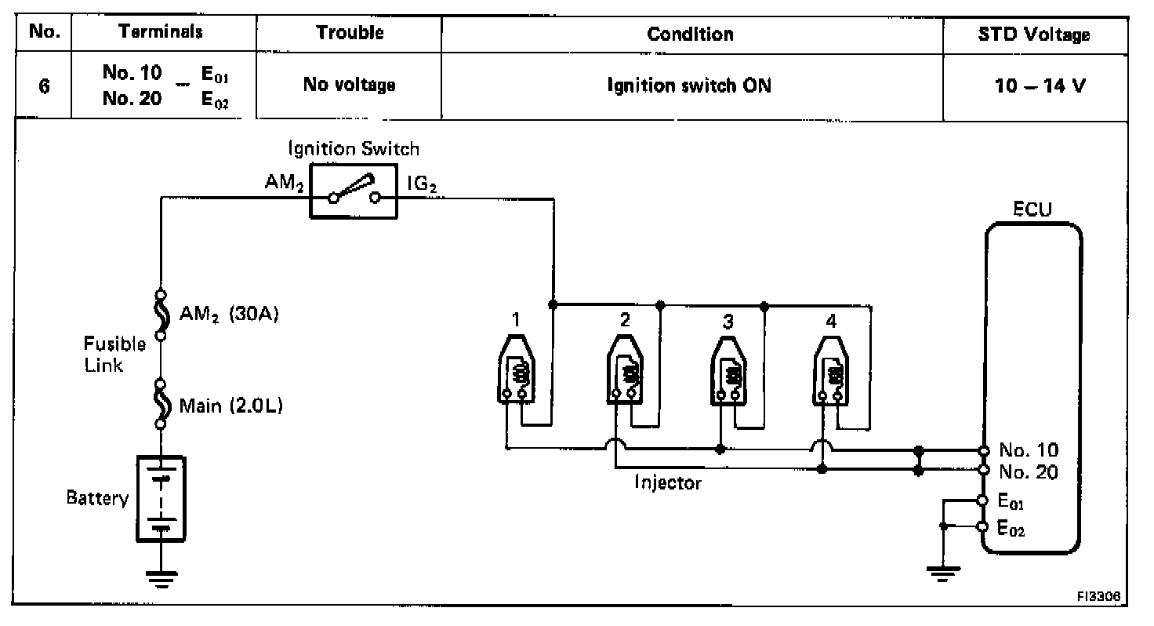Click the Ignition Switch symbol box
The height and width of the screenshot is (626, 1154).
[354, 192]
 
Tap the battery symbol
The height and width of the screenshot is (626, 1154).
[161, 497]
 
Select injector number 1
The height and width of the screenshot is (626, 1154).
[515, 369]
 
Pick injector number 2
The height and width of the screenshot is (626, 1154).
[625, 369]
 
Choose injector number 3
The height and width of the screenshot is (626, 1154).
[729, 369]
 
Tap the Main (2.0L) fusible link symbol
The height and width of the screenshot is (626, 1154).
[161, 403]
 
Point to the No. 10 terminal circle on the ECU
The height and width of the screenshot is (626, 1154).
[984, 451]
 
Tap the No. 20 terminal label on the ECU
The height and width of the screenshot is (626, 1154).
[1029, 471]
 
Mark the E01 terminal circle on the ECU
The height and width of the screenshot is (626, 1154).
[984, 500]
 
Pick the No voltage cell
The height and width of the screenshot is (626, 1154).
[349, 86]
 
